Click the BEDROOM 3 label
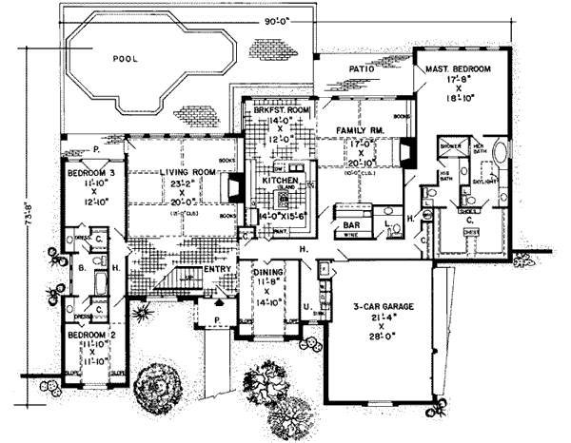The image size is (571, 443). tap(86, 175)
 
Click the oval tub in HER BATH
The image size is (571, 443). tap(502, 156)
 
